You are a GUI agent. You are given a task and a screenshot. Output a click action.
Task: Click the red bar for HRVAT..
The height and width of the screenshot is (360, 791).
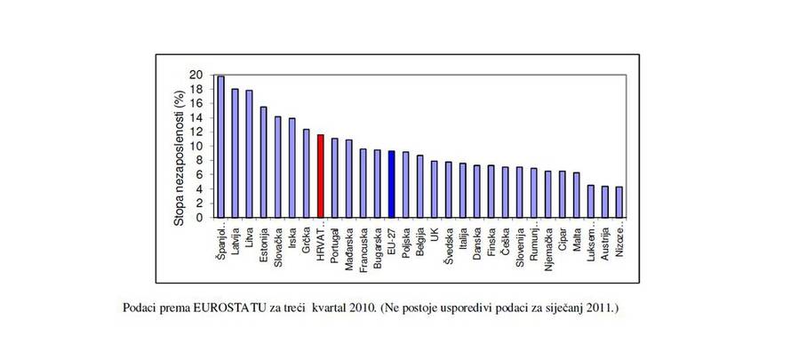320,176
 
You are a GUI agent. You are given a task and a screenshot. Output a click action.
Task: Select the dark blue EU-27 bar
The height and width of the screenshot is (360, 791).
391,184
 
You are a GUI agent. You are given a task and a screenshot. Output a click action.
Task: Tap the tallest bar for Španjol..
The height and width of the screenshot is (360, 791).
220,147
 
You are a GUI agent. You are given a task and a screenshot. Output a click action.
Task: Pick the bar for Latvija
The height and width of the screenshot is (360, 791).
235,153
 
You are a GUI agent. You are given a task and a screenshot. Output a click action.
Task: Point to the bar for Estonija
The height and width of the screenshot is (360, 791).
263,163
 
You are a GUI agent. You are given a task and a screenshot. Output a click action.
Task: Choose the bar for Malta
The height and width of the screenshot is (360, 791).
577,196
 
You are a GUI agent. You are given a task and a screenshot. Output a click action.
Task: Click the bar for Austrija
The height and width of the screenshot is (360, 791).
605,202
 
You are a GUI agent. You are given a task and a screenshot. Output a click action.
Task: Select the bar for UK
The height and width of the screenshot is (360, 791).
435,189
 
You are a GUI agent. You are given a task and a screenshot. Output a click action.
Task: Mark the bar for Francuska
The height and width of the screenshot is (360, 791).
364,183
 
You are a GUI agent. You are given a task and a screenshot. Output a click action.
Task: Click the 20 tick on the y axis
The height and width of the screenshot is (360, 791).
196,76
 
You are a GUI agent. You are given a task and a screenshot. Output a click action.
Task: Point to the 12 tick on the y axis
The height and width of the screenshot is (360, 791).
196,132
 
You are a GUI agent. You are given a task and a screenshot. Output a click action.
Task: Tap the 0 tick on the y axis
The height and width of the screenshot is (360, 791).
200,218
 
